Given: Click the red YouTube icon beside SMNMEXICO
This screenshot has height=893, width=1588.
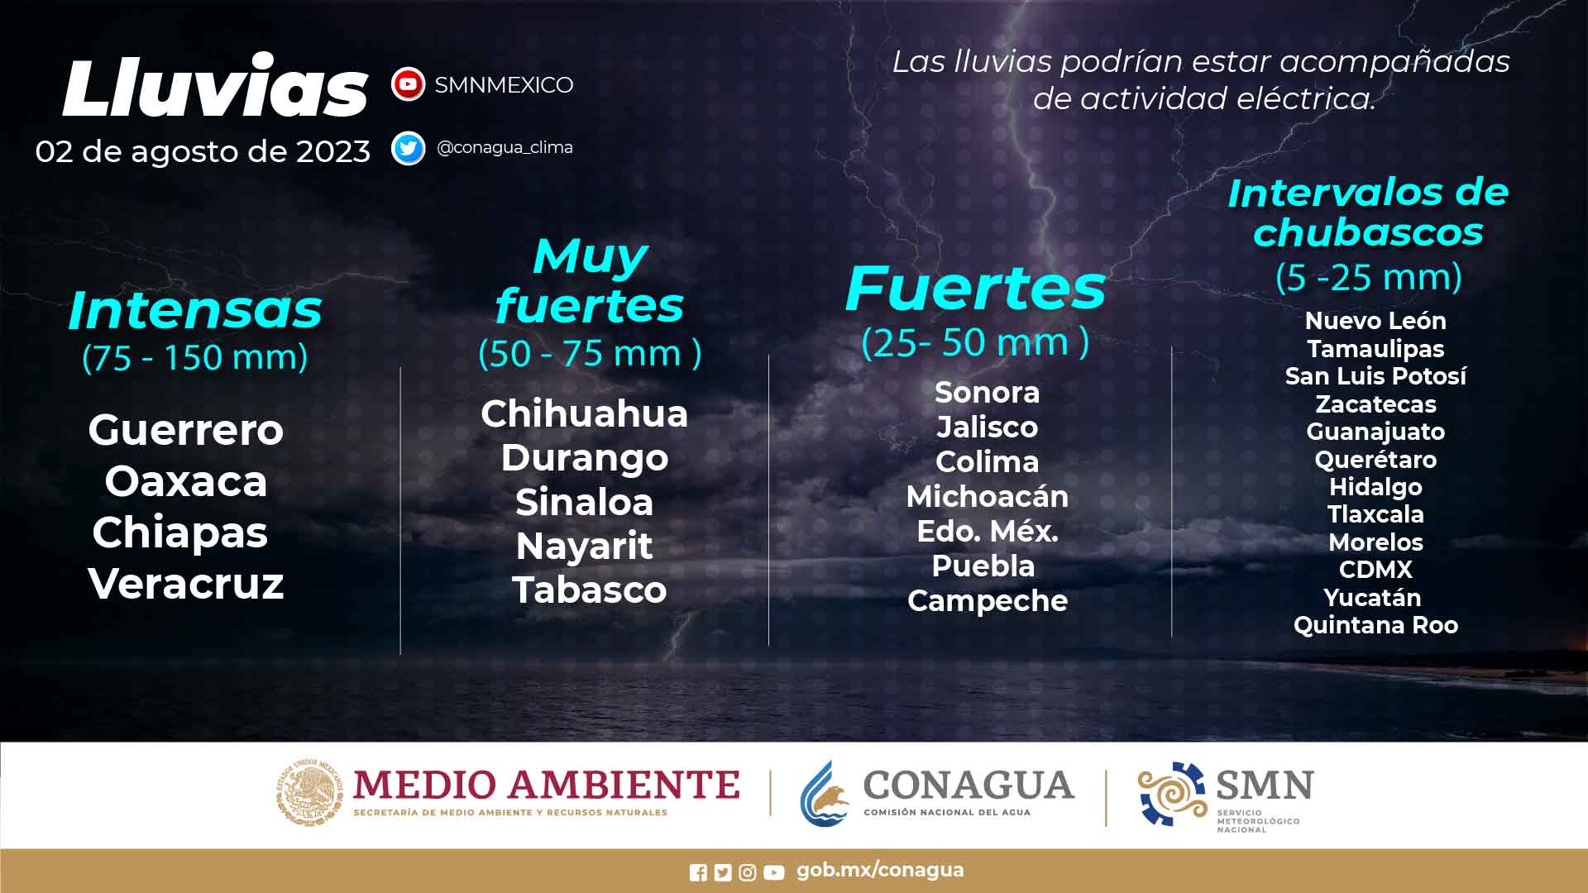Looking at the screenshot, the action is click(x=408, y=84).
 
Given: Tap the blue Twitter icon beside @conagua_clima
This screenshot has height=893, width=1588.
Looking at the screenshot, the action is click(x=408, y=148).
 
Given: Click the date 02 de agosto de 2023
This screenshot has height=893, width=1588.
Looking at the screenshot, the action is click(x=203, y=151).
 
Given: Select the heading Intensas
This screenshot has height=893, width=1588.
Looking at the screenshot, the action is click(x=195, y=310).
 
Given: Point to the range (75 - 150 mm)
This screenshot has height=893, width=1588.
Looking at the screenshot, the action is click(x=195, y=357).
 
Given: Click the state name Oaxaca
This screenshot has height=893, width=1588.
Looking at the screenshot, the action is click(x=186, y=481).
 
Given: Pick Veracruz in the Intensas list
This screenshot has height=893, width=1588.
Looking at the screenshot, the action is click(x=186, y=584).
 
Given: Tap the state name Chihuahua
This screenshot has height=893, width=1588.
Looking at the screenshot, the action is click(x=584, y=413).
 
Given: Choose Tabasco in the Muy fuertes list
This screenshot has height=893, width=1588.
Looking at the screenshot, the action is click(x=590, y=590).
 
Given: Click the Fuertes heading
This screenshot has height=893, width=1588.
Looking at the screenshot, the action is click(x=975, y=289).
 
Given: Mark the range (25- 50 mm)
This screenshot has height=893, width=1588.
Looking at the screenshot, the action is click(x=975, y=341).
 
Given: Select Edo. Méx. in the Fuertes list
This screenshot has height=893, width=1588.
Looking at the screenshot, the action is click(x=988, y=531).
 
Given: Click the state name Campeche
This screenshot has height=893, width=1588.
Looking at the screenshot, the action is click(x=988, y=601).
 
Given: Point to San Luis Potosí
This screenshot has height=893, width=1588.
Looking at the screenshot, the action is click(x=1375, y=376).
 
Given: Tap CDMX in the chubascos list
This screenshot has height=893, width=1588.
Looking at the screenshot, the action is click(x=1375, y=570).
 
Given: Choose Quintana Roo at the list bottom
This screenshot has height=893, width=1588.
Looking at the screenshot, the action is click(x=1375, y=625).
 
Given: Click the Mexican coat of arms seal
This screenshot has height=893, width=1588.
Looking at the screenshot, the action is click(x=309, y=792).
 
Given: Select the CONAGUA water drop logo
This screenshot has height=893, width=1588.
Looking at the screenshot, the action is click(x=825, y=793).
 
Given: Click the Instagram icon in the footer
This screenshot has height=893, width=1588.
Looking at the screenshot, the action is click(x=748, y=872).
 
